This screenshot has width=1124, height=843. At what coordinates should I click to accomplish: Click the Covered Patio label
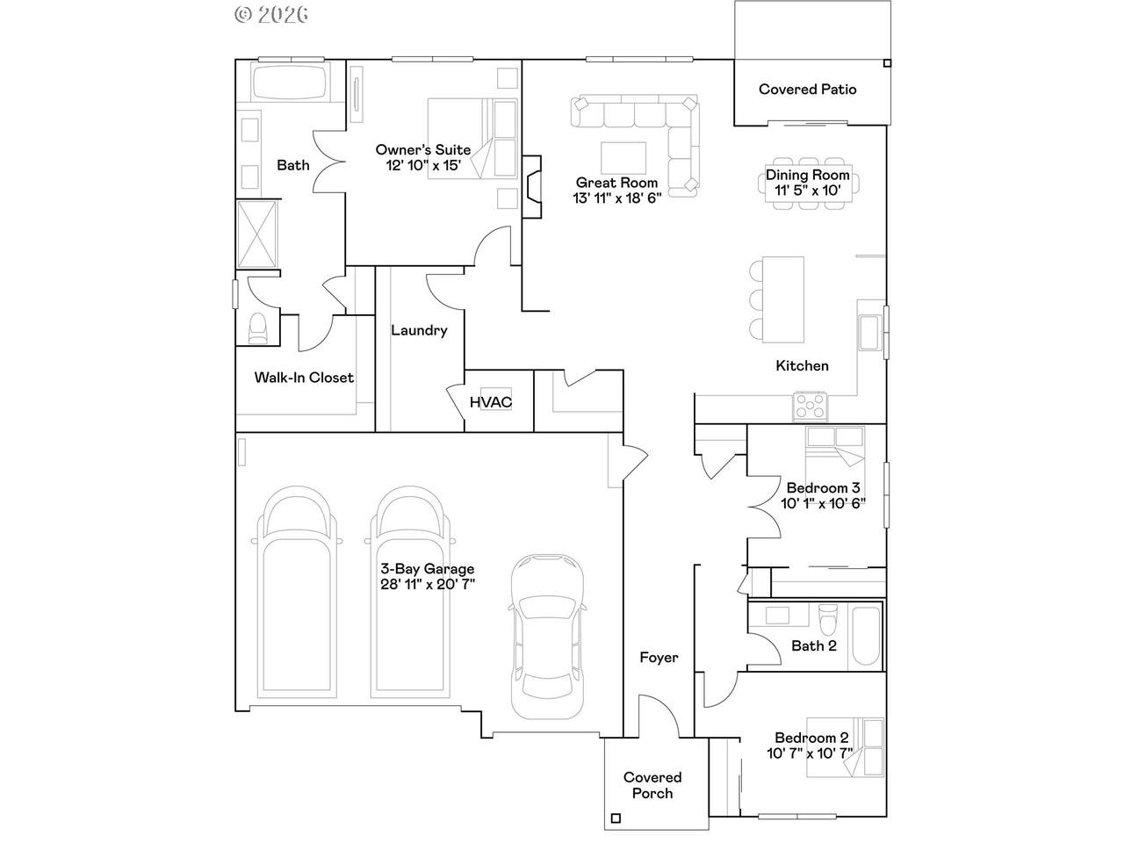tap(807, 89)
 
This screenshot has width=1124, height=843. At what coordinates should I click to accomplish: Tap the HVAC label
tap(491, 402)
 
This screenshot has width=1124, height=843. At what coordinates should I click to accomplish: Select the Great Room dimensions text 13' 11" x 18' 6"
tap(617, 198)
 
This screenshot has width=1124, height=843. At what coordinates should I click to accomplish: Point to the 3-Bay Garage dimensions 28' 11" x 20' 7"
tap(428, 584)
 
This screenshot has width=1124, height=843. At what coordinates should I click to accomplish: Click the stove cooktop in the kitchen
tap(810, 407)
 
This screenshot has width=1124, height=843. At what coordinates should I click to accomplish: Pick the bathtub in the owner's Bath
tap(290, 81)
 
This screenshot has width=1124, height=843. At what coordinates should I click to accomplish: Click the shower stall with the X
tap(257, 234)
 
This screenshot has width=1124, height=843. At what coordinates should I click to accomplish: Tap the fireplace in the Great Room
tap(531, 187)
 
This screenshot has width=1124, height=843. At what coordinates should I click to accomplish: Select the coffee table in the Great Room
tap(623, 158)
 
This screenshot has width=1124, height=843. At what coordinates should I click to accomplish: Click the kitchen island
tap(783, 299)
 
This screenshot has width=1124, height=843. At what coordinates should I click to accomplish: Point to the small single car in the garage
tap(547, 636)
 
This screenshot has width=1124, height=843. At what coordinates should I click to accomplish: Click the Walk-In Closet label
tap(304, 378)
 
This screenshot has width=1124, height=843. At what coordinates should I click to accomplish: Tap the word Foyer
tap(659, 658)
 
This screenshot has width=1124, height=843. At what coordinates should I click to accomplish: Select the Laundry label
tap(419, 331)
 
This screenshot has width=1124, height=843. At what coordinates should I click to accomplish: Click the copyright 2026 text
tap(271, 15)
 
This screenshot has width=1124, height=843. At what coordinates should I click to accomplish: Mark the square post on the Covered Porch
tap(616, 818)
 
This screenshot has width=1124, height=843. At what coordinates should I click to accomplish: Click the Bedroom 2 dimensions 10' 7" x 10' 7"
tap(811, 753)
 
